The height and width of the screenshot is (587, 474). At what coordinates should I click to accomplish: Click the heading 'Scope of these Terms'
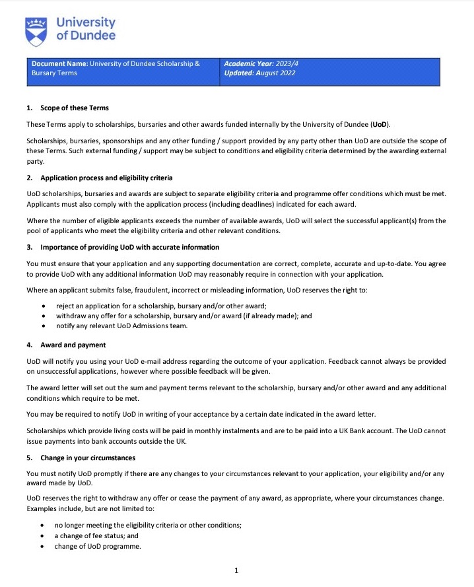(75, 108)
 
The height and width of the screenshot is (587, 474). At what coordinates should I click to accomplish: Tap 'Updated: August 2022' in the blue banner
(259, 73)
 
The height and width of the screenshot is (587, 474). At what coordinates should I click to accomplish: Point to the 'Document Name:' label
(59, 64)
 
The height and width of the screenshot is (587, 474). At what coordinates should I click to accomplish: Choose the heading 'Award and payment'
(73, 345)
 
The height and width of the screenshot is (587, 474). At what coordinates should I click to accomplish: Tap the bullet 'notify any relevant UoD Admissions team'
(122, 326)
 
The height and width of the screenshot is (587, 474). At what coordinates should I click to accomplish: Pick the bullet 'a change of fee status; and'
(96, 535)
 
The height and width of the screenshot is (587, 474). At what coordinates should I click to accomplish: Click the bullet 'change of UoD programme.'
(98, 546)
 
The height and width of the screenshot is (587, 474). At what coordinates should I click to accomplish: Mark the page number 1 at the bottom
(236, 571)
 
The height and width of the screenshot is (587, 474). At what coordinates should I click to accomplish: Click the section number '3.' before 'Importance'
(30, 247)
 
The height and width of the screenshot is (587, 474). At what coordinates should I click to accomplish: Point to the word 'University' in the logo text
(85, 22)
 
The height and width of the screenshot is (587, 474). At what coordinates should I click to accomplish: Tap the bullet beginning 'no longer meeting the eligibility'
(148, 525)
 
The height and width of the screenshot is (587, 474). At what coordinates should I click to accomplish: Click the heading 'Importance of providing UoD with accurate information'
(130, 247)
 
